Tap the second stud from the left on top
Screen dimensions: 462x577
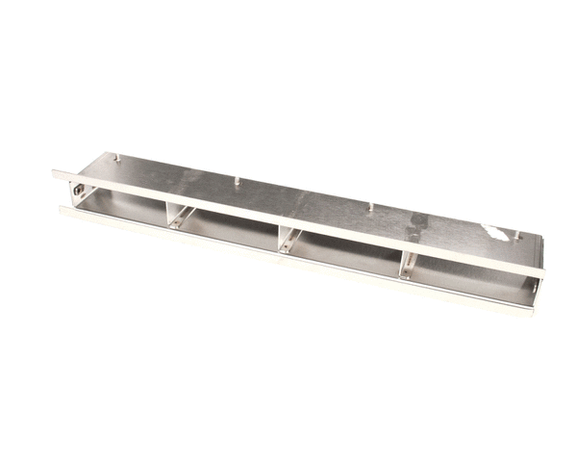(x=236, y=179)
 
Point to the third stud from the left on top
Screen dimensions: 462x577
(x=371, y=205)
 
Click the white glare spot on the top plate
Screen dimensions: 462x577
(x=497, y=233)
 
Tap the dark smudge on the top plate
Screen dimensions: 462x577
(x=416, y=229)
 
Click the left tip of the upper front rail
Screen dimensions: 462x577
(x=55, y=175)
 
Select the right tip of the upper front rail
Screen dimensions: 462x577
(x=541, y=272)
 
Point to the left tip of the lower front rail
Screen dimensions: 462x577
(x=62, y=210)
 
